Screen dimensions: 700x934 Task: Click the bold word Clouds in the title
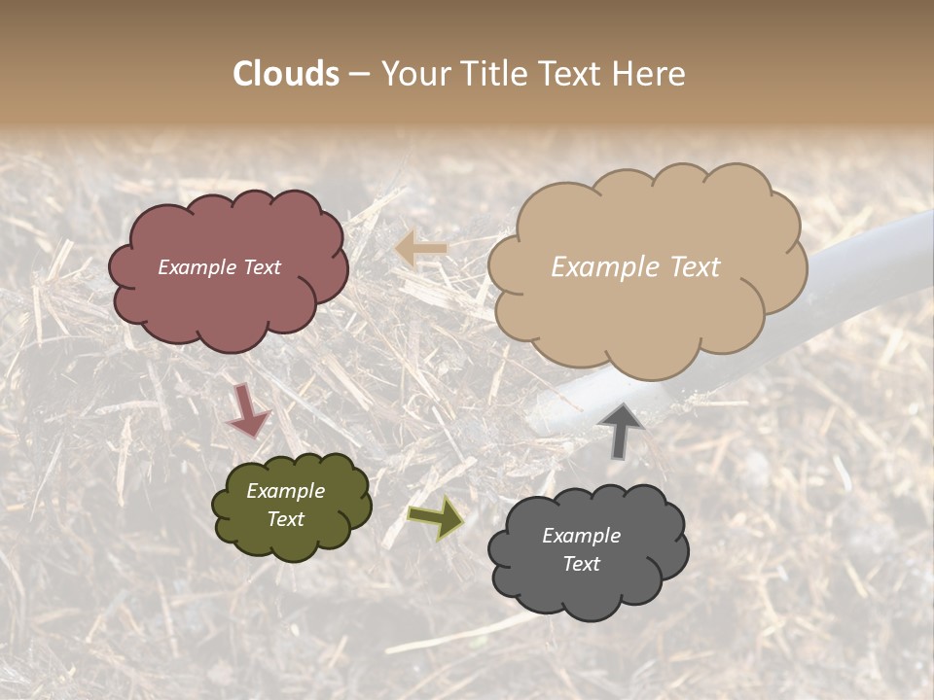click(x=286, y=74)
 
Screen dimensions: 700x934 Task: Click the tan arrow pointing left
click(x=421, y=249)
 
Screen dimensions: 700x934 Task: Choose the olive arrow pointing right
click(x=436, y=517)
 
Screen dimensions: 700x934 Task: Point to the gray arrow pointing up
click(x=622, y=429)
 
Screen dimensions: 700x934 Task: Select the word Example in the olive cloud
click(x=286, y=492)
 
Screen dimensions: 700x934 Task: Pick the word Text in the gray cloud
click(x=581, y=564)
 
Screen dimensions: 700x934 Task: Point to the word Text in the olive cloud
click(x=286, y=519)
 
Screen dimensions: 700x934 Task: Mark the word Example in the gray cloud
click(x=581, y=536)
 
